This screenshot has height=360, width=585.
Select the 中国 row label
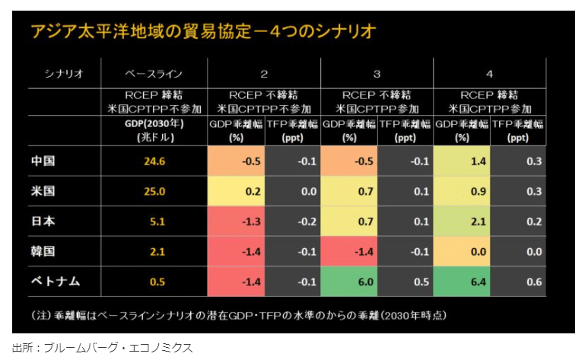(x=43, y=161)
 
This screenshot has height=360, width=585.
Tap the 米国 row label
(x=43, y=191)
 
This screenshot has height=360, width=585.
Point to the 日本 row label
(x=43, y=221)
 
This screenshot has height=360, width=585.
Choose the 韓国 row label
(x=43, y=251)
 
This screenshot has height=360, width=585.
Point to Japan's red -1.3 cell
(x=237, y=221)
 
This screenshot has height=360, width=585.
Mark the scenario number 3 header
(x=377, y=74)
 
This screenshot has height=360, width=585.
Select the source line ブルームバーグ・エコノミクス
(x=103, y=348)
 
